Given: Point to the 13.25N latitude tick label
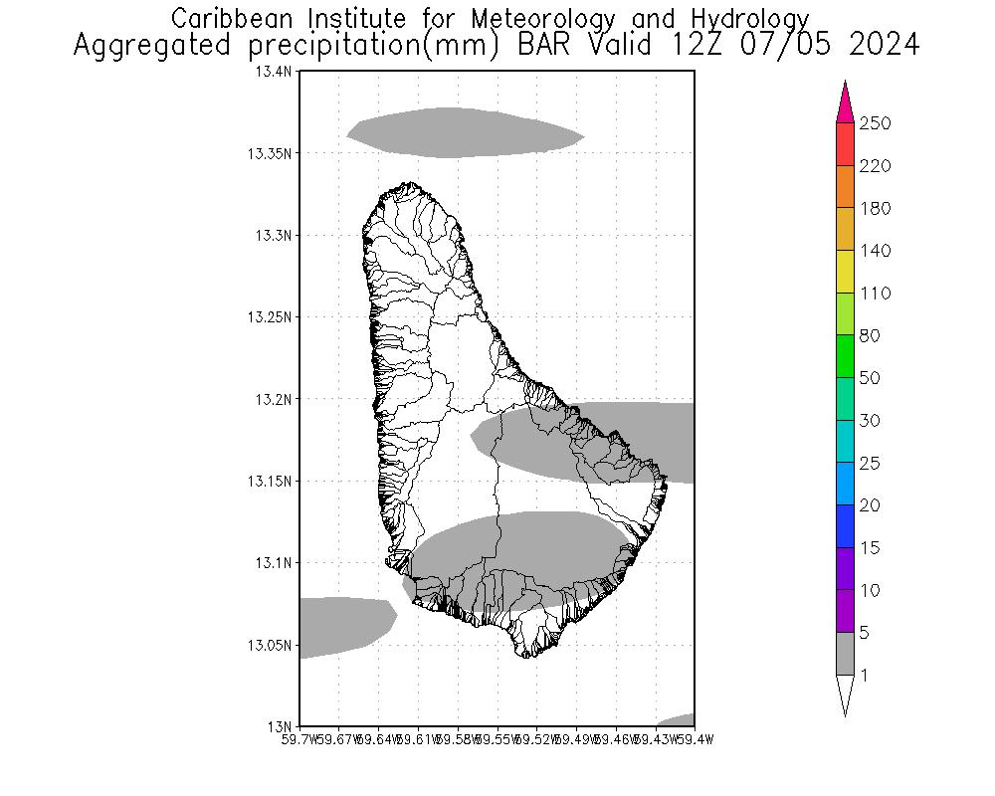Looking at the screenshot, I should [x=272, y=317].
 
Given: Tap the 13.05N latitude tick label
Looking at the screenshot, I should [x=272, y=645].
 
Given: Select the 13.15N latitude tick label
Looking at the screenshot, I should [x=272, y=482].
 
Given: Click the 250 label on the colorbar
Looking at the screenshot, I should [x=877, y=123].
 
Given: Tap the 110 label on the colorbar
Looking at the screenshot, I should [x=877, y=294].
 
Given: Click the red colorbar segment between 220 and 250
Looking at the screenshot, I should [x=845, y=144].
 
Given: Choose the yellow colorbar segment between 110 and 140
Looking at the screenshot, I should [x=845, y=272].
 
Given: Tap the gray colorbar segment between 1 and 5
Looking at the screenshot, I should [x=845, y=654].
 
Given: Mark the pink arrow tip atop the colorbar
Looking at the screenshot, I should [x=845, y=96].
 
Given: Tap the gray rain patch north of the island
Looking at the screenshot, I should [x=463, y=132].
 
